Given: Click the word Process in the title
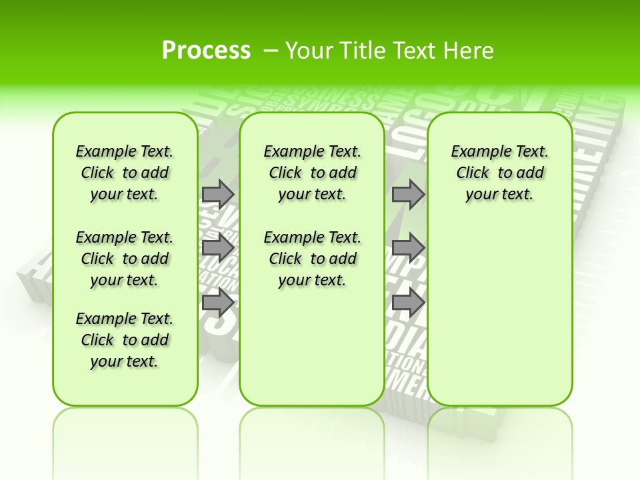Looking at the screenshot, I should [x=206, y=51].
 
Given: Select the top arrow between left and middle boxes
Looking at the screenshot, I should [x=218, y=194].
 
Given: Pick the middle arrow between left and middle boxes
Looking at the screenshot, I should [x=218, y=248].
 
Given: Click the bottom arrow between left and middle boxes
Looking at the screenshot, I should [x=218, y=303].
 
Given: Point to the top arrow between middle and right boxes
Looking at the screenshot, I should [x=408, y=194].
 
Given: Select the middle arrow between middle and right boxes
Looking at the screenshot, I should [x=408, y=248].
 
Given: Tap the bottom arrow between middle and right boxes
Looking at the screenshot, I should [x=408, y=303].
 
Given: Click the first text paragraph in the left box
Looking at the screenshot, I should [x=125, y=173].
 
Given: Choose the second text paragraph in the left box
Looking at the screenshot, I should [x=125, y=259].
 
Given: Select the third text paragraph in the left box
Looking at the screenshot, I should [x=125, y=340].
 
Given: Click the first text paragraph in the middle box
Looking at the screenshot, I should [x=312, y=173].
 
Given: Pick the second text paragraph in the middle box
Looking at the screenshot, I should [x=312, y=259].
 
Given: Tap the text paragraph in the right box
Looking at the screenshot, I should [x=499, y=173].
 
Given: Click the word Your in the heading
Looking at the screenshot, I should [x=309, y=51].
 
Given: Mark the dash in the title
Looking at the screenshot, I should [x=271, y=51].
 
